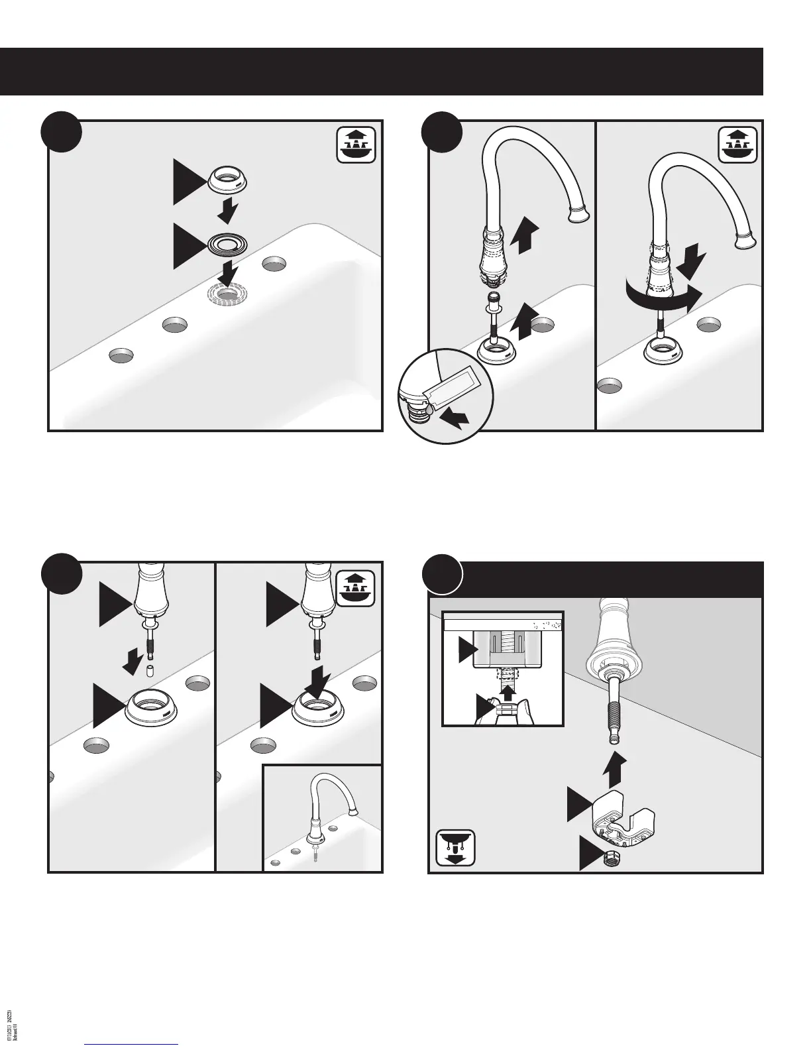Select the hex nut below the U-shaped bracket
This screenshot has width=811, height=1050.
[607, 859]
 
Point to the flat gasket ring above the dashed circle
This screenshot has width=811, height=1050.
[226, 246]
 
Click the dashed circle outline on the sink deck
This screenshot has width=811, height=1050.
[227, 293]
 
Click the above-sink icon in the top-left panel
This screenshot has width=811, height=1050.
[356, 143]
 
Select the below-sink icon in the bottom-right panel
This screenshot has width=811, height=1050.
[456, 848]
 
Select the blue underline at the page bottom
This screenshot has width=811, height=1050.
[132, 1044]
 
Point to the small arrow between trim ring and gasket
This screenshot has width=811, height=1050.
[228, 213]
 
